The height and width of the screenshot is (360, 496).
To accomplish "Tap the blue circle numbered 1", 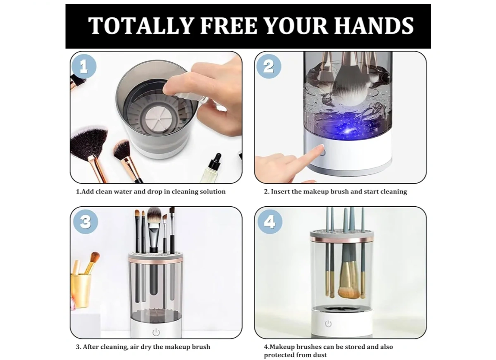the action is [x=83, y=66].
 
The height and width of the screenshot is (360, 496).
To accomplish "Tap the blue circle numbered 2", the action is [x=269, y=66].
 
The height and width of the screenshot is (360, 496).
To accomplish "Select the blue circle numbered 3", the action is [x=86, y=222].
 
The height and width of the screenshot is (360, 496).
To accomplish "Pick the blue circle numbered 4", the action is [x=270, y=222].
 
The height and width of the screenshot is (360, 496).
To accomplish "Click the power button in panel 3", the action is [x=156, y=332].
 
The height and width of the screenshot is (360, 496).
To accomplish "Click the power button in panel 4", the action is [x=328, y=324].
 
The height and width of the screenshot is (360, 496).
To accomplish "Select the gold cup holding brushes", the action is [x=81, y=290].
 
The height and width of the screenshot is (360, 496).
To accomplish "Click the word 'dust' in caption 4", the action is [x=320, y=355].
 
